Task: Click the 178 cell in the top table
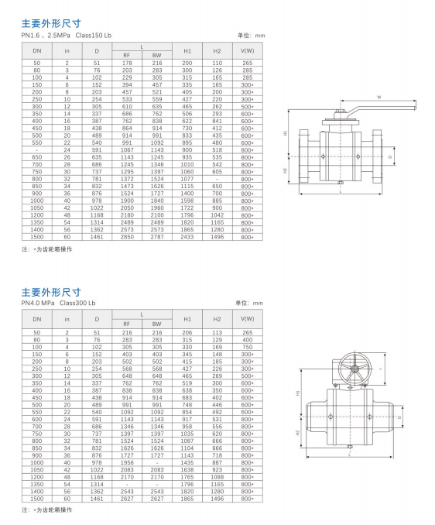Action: (127, 63)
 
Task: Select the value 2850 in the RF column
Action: (127, 237)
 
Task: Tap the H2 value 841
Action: (217, 121)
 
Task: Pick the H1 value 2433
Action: (187, 237)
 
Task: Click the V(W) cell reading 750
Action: (247, 347)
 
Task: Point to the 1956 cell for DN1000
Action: (127, 462)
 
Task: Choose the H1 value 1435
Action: (187, 462)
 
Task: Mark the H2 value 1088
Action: (217, 477)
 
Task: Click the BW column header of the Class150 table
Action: (156, 55)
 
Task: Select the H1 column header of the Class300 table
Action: (187, 319)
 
